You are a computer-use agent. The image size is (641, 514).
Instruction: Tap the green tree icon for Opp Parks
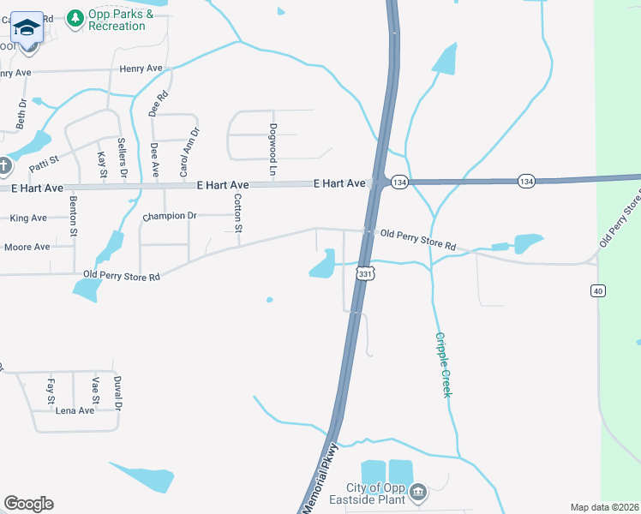point(75,17)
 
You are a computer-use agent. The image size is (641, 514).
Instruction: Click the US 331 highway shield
point(366,274)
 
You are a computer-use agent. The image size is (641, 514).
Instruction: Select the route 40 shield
point(598,291)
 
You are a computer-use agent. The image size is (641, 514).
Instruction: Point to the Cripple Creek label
point(443,365)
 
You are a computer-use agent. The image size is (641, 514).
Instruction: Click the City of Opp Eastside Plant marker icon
point(418,492)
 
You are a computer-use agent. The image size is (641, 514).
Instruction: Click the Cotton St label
point(238,212)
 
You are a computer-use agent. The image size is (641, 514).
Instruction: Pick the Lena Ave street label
point(75,410)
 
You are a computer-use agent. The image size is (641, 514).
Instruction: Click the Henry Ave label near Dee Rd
point(141,69)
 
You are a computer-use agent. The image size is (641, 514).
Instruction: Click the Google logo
point(28,504)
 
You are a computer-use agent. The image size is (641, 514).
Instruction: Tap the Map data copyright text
point(605,507)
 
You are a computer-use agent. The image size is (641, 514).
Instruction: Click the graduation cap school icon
point(27,27)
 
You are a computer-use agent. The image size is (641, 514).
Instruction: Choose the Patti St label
point(44,160)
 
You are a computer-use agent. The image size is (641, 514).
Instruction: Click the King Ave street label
point(28,218)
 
